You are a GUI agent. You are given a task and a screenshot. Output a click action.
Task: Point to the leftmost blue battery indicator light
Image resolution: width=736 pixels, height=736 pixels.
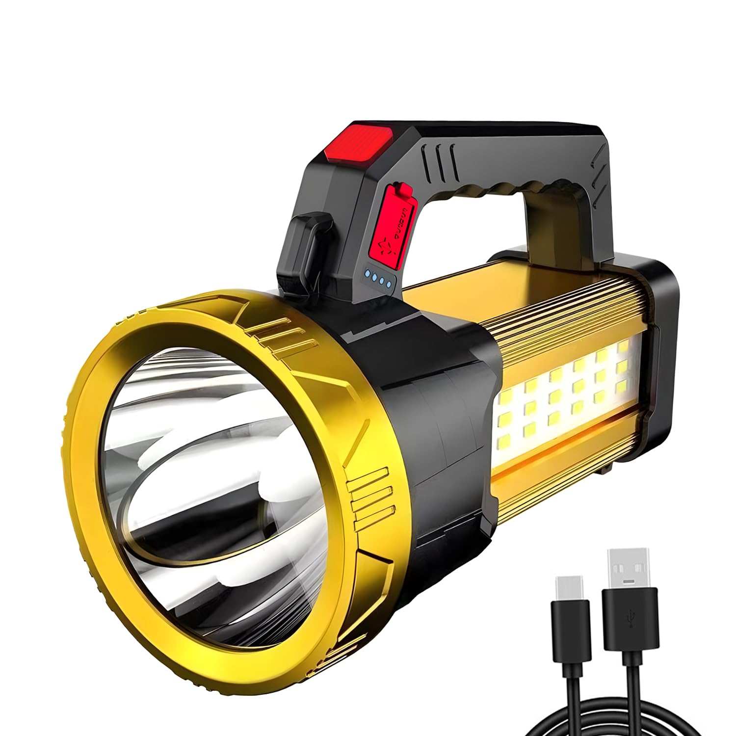click(368, 274)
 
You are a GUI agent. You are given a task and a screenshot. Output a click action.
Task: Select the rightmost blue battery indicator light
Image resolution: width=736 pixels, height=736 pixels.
click(389, 283)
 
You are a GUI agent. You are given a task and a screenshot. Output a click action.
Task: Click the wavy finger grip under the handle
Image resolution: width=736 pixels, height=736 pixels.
click(491, 189)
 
